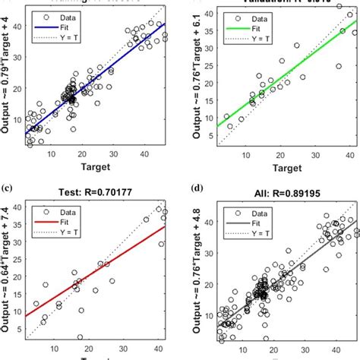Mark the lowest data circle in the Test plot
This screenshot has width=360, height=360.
(80, 336)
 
